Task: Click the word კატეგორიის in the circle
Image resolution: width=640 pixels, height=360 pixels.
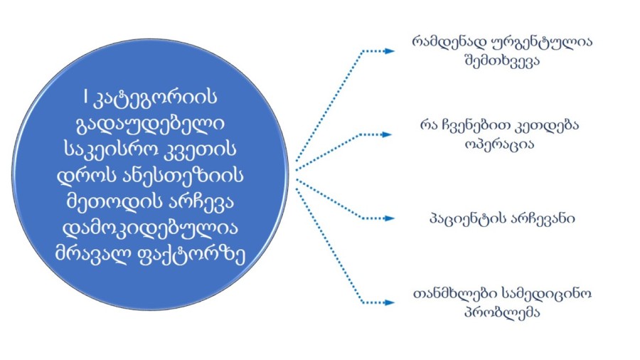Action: click(156, 98)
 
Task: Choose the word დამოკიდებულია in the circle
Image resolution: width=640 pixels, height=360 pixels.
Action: click(150, 228)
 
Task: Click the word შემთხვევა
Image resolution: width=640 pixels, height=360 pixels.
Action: click(502, 61)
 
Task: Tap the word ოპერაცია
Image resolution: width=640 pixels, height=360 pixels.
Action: click(499, 144)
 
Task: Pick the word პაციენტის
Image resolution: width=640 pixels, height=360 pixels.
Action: click(462, 219)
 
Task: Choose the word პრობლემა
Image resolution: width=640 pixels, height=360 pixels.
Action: click(502, 312)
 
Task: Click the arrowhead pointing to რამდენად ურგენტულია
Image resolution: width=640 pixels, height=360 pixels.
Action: click(390, 51)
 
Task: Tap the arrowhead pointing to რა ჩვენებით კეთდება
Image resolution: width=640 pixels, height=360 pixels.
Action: click(387, 134)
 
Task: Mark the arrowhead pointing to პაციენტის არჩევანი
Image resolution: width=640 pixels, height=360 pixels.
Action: click(390, 218)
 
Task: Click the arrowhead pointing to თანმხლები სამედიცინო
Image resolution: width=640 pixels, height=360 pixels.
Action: click(390, 303)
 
